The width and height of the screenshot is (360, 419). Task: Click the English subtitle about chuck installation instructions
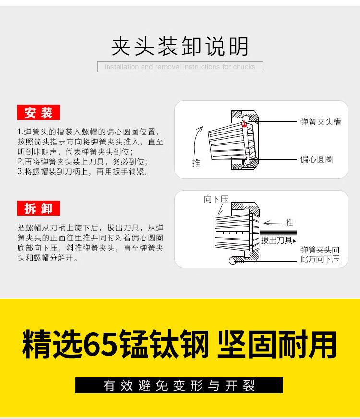point(180,67)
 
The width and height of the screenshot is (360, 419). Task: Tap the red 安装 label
point(39,113)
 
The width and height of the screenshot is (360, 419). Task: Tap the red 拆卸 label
point(39,209)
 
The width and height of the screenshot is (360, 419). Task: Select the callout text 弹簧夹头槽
point(320,122)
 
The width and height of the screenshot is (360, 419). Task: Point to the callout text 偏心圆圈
point(316,159)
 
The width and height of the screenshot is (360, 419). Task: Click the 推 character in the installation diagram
point(196,163)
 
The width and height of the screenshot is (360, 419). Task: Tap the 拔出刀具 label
point(276,240)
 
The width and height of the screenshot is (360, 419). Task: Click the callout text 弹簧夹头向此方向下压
point(320,254)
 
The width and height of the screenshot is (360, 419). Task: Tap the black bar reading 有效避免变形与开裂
point(180,385)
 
